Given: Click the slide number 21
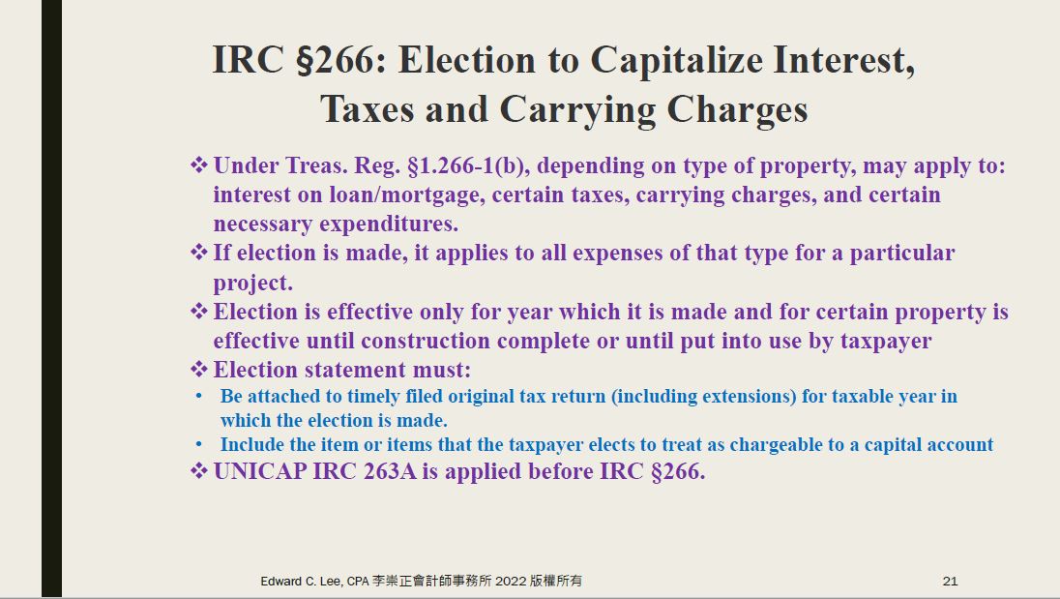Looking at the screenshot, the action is click(950, 581).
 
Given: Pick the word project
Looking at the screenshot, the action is click(252, 284).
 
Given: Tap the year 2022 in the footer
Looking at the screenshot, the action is click(511, 581).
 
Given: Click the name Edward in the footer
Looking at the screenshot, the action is click(280, 581).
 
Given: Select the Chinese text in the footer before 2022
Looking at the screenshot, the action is click(432, 581).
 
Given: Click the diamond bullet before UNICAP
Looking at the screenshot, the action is click(199, 470).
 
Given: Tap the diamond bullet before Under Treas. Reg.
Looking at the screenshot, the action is click(199, 165).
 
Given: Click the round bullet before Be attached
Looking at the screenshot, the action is click(199, 396).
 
